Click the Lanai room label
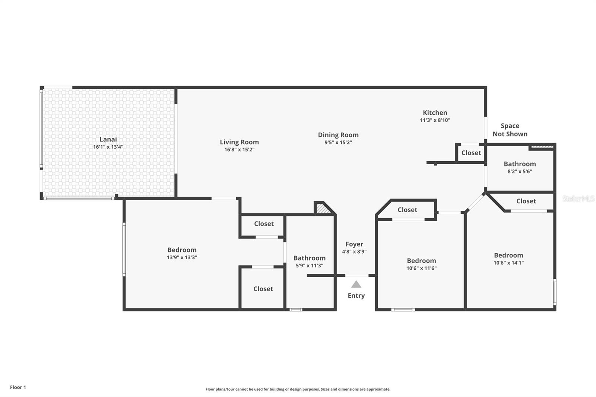point(108,139)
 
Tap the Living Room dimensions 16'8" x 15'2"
point(239,150)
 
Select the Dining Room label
point(338,135)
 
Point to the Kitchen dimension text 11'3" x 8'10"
point(435,120)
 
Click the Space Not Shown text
point(510,130)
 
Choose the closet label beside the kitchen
point(471,153)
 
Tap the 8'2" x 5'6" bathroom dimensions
point(520,171)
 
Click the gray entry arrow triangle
point(356,285)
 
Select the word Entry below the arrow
point(356,296)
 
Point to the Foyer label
point(354,244)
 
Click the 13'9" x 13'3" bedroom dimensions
point(182,257)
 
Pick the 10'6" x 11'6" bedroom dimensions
point(421,268)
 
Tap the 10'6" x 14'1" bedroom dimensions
point(508,263)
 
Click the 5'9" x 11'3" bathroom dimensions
point(310,265)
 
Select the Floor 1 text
point(18,387)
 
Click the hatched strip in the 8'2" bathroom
point(542,147)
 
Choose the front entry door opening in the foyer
point(357,275)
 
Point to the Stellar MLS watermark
point(578,198)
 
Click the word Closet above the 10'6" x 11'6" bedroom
point(408,210)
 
